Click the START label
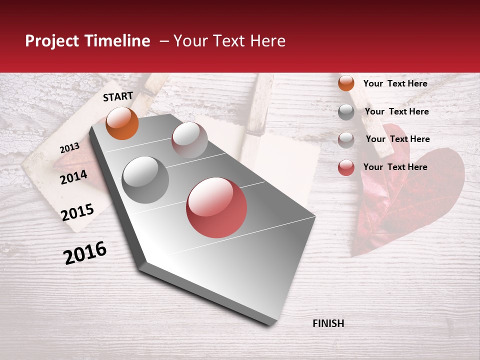click(118, 96)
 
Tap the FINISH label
click(328, 323)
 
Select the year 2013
click(69, 147)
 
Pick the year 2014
click(73, 177)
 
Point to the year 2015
click(77, 212)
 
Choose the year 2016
click(85, 252)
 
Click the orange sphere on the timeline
click(122, 123)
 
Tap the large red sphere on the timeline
click(216, 207)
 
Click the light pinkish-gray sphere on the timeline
click(189, 139)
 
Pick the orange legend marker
click(346, 83)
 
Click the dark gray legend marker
click(346, 112)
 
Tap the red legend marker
click(346, 167)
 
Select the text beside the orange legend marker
click(395, 83)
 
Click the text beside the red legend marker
click(395, 167)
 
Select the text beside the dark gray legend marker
click(396, 111)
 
